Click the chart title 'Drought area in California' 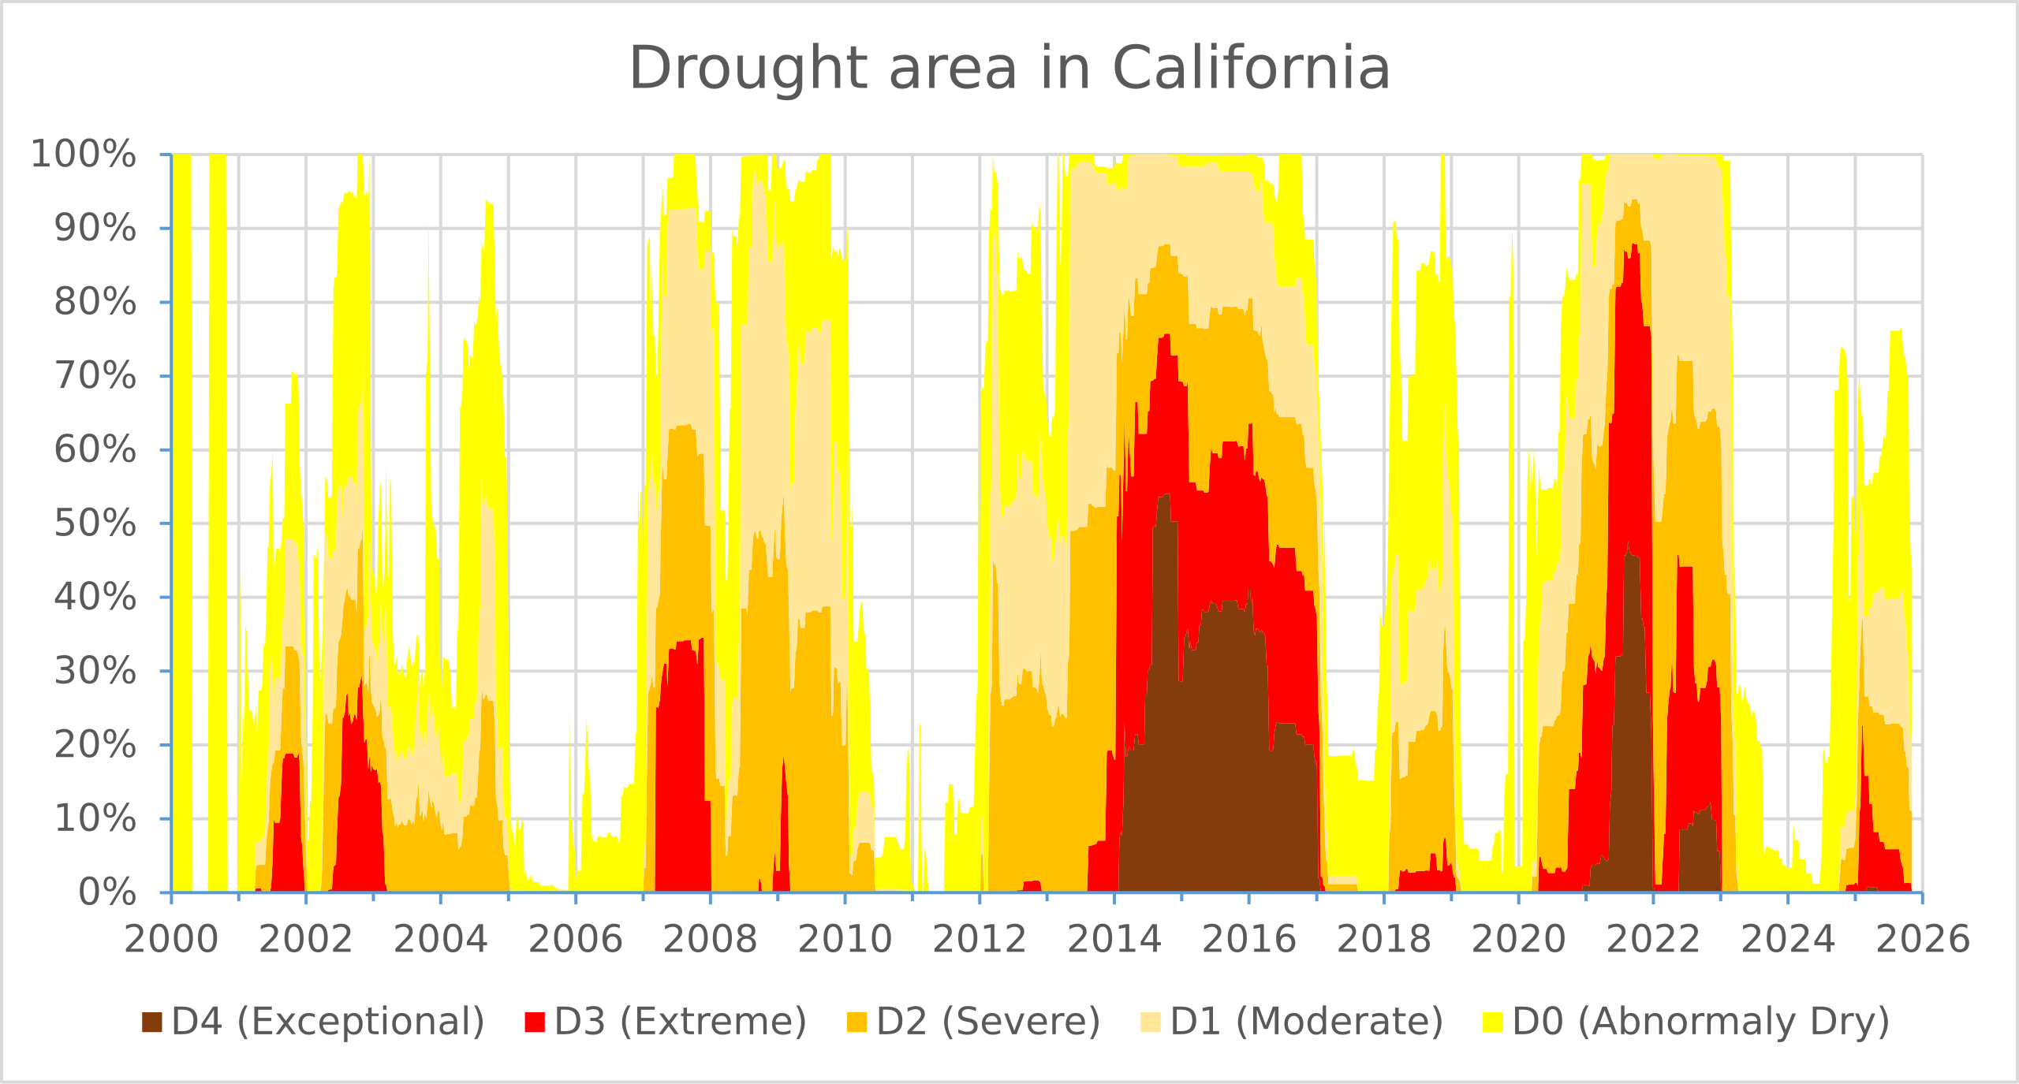pyautogui.click(x=1009, y=69)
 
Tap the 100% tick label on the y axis pyautogui.click(x=83, y=155)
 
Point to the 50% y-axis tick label pyautogui.click(x=95, y=523)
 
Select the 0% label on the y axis pyautogui.click(x=106, y=893)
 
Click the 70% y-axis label pyautogui.click(x=95, y=376)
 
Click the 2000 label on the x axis pyautogui.click(x=171, y=940)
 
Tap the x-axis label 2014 pyautogui.click(x=1114, y=940)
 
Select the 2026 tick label pyautogui.click(x=1922, y=940)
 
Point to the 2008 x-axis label pyautogui.click(x=710, y=940)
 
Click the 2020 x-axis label pyautogui.click(x=1518, y=940)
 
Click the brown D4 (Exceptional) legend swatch pyautogui.click(x=151, y=1022)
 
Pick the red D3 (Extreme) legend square pyautogui.click(x=535, y=1022)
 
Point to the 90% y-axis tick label pyautogui.click(x=95, y=229)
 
